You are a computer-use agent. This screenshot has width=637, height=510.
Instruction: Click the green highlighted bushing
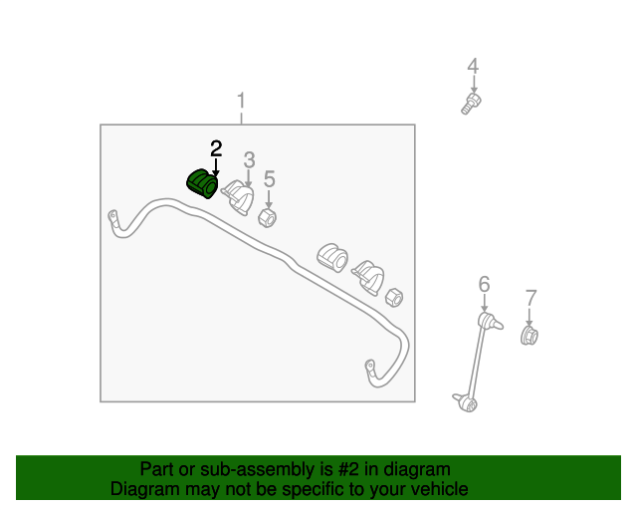[x=202, y=184]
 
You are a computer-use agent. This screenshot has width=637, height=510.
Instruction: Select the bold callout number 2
[x=216, y=148]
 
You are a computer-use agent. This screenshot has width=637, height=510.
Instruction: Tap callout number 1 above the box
[x=241, y=100]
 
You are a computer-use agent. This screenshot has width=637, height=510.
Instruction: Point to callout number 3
[x=249, y=159]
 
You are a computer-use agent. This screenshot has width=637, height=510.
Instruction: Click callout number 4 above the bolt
[x=473, y=66]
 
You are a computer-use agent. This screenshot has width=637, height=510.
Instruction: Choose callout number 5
[x=270, y=179]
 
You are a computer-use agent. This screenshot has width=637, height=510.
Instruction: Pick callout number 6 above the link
[x=484, y=284]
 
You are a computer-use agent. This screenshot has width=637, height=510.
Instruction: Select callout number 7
[x=531, y=298]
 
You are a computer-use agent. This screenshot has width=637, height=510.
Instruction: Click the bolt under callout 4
[x=471, y=104]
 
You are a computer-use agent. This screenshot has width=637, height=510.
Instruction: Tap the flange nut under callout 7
[x=530, y=336]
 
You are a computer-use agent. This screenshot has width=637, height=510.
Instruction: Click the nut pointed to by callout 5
[x=268, y=218]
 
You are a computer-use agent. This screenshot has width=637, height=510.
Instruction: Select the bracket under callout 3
[x=238, y=197]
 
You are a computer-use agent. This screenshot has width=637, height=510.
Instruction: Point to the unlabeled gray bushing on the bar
[x=332, y=258]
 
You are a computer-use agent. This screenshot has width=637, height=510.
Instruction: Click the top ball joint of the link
[x=490, y=321]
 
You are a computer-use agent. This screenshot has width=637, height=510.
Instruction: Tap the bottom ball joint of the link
[x=466, y=402]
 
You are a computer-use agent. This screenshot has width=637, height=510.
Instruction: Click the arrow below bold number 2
[x=216, y=167]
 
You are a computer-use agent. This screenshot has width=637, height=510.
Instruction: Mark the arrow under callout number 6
[x=484, y=303]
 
